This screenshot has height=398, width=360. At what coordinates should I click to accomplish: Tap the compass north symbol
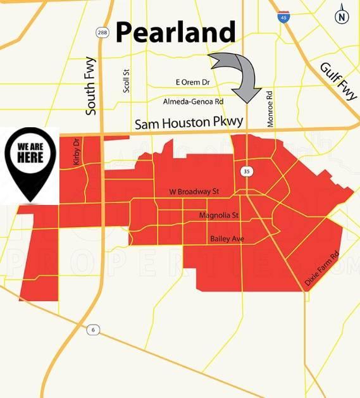click(342, 15)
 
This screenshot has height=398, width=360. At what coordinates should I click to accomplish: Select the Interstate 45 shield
click(283, 16)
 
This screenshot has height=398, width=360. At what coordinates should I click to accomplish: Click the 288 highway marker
click(103, 32)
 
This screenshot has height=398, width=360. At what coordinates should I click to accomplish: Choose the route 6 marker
click(92, 329)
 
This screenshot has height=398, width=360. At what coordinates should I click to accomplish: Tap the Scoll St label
click(127, 81)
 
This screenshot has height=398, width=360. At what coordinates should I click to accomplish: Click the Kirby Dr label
click(77, 152)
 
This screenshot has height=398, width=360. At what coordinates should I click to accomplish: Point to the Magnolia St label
click(219, 216)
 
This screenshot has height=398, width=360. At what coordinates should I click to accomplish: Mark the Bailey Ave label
click(227, 239)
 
